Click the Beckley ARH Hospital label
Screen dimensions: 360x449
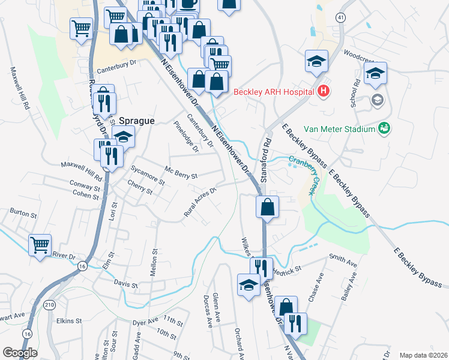point(274,92)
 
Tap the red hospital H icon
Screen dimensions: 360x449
point(324,91)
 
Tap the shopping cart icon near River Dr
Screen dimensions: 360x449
point(40,244)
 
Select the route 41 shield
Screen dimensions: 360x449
point(340,17)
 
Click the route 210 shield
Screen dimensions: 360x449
point(49,305)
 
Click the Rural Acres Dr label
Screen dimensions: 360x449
point(199,204)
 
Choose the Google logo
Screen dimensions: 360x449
point(20,353)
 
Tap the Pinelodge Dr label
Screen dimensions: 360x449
point(185,137)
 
